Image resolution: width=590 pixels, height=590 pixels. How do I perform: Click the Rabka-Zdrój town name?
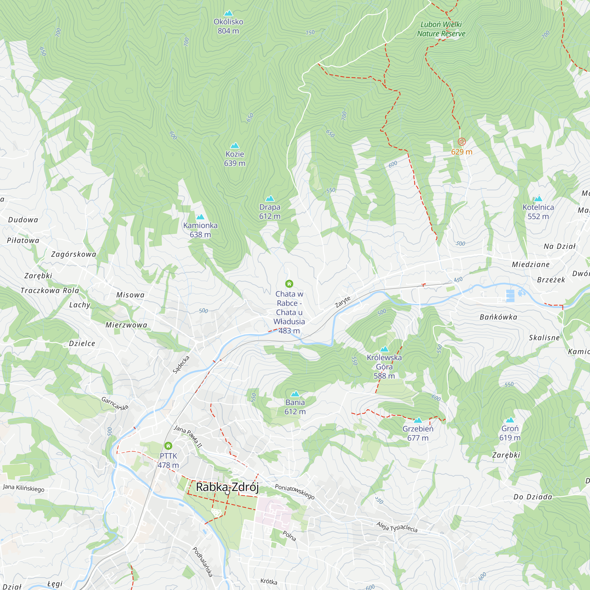(x=227, y=487)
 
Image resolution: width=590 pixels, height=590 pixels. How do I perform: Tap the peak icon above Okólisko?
(x=228, y=13)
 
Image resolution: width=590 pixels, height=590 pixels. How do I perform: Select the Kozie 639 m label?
(x=235, y=158)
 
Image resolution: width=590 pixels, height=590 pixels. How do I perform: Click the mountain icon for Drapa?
(x=270, y=199)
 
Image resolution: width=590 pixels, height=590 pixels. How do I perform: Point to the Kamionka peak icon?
(x=200, y=217)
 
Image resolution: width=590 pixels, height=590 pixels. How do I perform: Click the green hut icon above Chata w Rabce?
(x=289, y=284)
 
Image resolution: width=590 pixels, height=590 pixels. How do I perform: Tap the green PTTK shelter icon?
(x=168, y=445)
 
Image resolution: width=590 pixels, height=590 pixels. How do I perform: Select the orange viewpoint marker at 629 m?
(x=461, y=141)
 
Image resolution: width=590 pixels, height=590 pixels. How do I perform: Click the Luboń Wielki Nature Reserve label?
(x=441, y=29)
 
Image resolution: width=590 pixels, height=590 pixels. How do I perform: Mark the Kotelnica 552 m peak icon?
(x=538, y=199)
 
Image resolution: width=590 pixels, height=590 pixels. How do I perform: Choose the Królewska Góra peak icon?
(x=384, y=349)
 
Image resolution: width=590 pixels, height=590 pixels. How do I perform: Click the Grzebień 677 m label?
(x=418, y=433)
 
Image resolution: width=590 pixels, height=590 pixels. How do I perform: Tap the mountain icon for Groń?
(x=510, y=420)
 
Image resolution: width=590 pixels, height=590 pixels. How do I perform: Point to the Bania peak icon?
(x=295, y=394)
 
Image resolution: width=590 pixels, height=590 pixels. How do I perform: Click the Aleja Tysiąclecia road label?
(x=397, y=527)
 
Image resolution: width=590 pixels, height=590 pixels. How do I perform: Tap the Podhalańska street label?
(x=202, y=562)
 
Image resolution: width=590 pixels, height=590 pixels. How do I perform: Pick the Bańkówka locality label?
(x=498, y=317)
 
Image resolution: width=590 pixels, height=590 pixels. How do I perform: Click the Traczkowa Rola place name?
(x=50, y=290)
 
